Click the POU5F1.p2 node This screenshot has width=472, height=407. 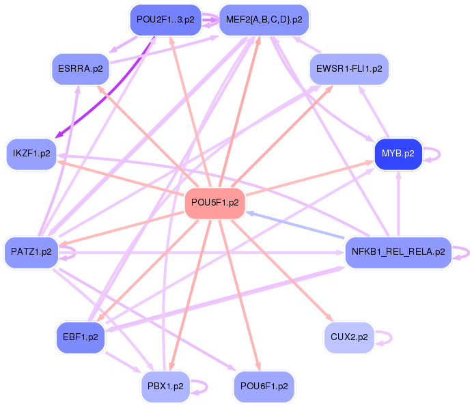click(215, 203)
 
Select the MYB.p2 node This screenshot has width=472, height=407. click(398, 154)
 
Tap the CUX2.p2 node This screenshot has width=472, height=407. click(349, 337)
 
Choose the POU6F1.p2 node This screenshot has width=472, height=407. click(264, 387)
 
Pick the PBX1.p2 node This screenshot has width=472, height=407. click(165, 387)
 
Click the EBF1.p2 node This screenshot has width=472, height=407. click(81, 337)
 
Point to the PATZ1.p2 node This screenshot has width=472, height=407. click(31, 252)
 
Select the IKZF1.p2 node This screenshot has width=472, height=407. click(31, 154)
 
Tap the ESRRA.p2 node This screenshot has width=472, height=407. click(81, 69)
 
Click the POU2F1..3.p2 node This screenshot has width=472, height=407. click(165, 20)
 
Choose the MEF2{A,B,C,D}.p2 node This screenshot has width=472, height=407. click(264, 20)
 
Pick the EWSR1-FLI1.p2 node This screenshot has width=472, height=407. click(349, 69)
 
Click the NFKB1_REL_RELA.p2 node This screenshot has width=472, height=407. click(398, 252)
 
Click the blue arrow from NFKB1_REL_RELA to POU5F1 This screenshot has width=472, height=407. click(295, 225)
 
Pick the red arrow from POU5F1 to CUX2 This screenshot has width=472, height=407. click(282, 270)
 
